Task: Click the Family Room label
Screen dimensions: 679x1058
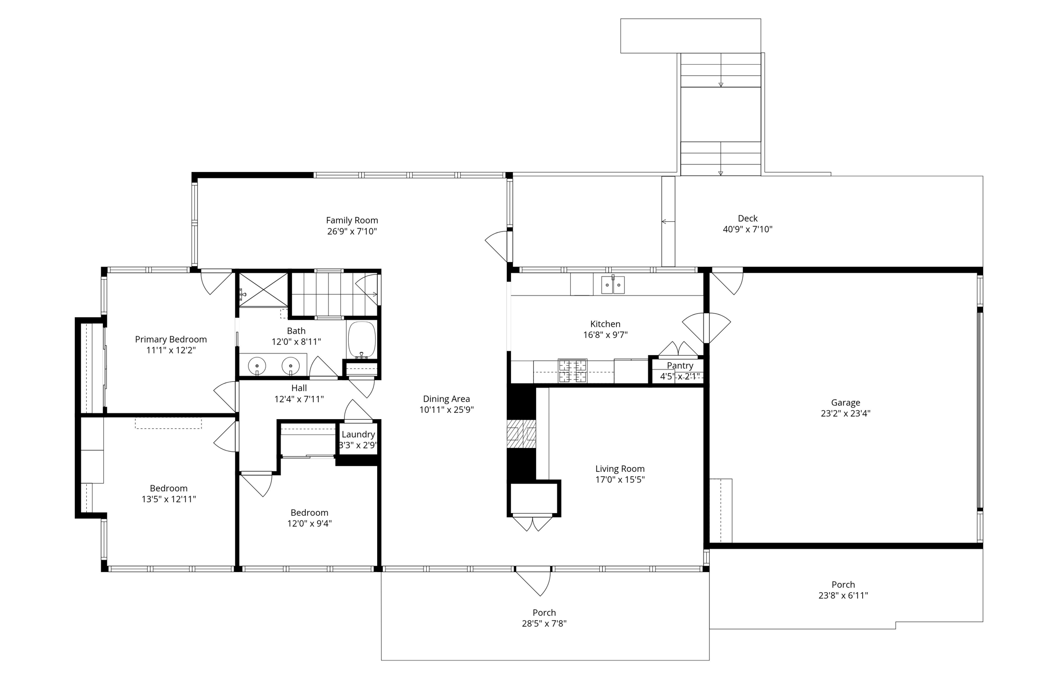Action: point(352,220)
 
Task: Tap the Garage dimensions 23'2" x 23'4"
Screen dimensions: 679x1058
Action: point(845,413)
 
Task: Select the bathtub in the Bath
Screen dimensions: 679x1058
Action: point(362,340)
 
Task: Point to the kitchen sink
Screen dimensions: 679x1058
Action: point(613,285)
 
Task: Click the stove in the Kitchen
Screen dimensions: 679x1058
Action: point(572,371)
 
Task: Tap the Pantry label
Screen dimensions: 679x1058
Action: point(680,365)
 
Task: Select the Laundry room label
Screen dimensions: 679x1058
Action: point(358,435)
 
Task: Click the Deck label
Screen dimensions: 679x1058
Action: point(748,219)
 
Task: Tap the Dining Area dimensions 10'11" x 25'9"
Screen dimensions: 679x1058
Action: point(446,410)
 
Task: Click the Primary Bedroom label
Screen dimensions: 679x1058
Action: point(171,340)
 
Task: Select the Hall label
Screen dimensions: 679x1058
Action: point(299,388)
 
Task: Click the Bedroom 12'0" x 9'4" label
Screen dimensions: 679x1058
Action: point(309,513)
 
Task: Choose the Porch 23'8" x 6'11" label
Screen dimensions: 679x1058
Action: point(843,584)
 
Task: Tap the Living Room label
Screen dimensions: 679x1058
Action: point(620,469)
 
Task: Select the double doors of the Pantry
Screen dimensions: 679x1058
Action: point(678,349)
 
